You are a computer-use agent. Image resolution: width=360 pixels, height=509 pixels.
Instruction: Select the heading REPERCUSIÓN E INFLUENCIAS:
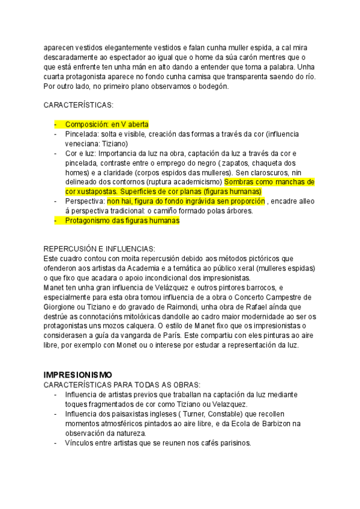pyautogui.click(x=100, y=249)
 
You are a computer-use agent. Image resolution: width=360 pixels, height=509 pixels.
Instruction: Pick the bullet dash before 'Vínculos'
pyautogui.click(x=56, y=443)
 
